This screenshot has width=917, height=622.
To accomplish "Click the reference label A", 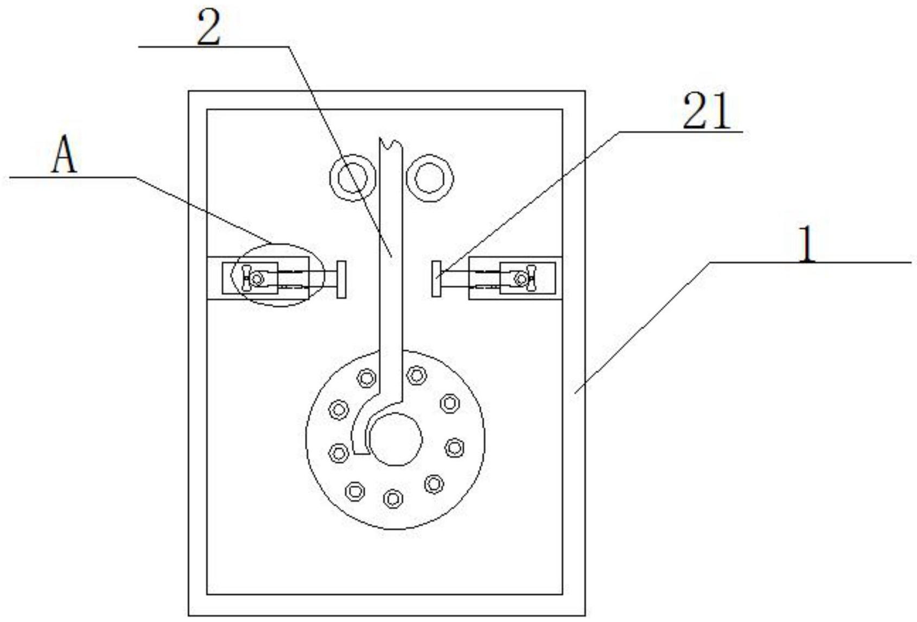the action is click(64, 154).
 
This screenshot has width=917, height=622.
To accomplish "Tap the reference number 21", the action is click(706, 111).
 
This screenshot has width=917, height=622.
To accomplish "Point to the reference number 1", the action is click(807, 244).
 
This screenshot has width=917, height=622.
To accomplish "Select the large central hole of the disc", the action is click(396, 439).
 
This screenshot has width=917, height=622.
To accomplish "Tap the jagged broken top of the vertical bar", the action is click(391, 143).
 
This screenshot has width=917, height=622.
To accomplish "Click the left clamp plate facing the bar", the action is click(341, 279).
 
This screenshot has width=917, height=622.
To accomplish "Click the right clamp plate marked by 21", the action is click(437, 279).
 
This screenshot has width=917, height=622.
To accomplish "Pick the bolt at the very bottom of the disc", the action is click(393, 498).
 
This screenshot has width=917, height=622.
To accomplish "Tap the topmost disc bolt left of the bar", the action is click(366, 378).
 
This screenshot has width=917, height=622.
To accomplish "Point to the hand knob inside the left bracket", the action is click(246, 279).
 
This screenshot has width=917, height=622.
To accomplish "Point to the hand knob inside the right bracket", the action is click(531, 279).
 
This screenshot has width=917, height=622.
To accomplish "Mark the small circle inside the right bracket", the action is click(521, 279).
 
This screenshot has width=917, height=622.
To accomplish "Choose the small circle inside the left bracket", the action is click(257, 279).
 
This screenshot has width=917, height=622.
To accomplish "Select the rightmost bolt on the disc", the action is click(454, 447).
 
